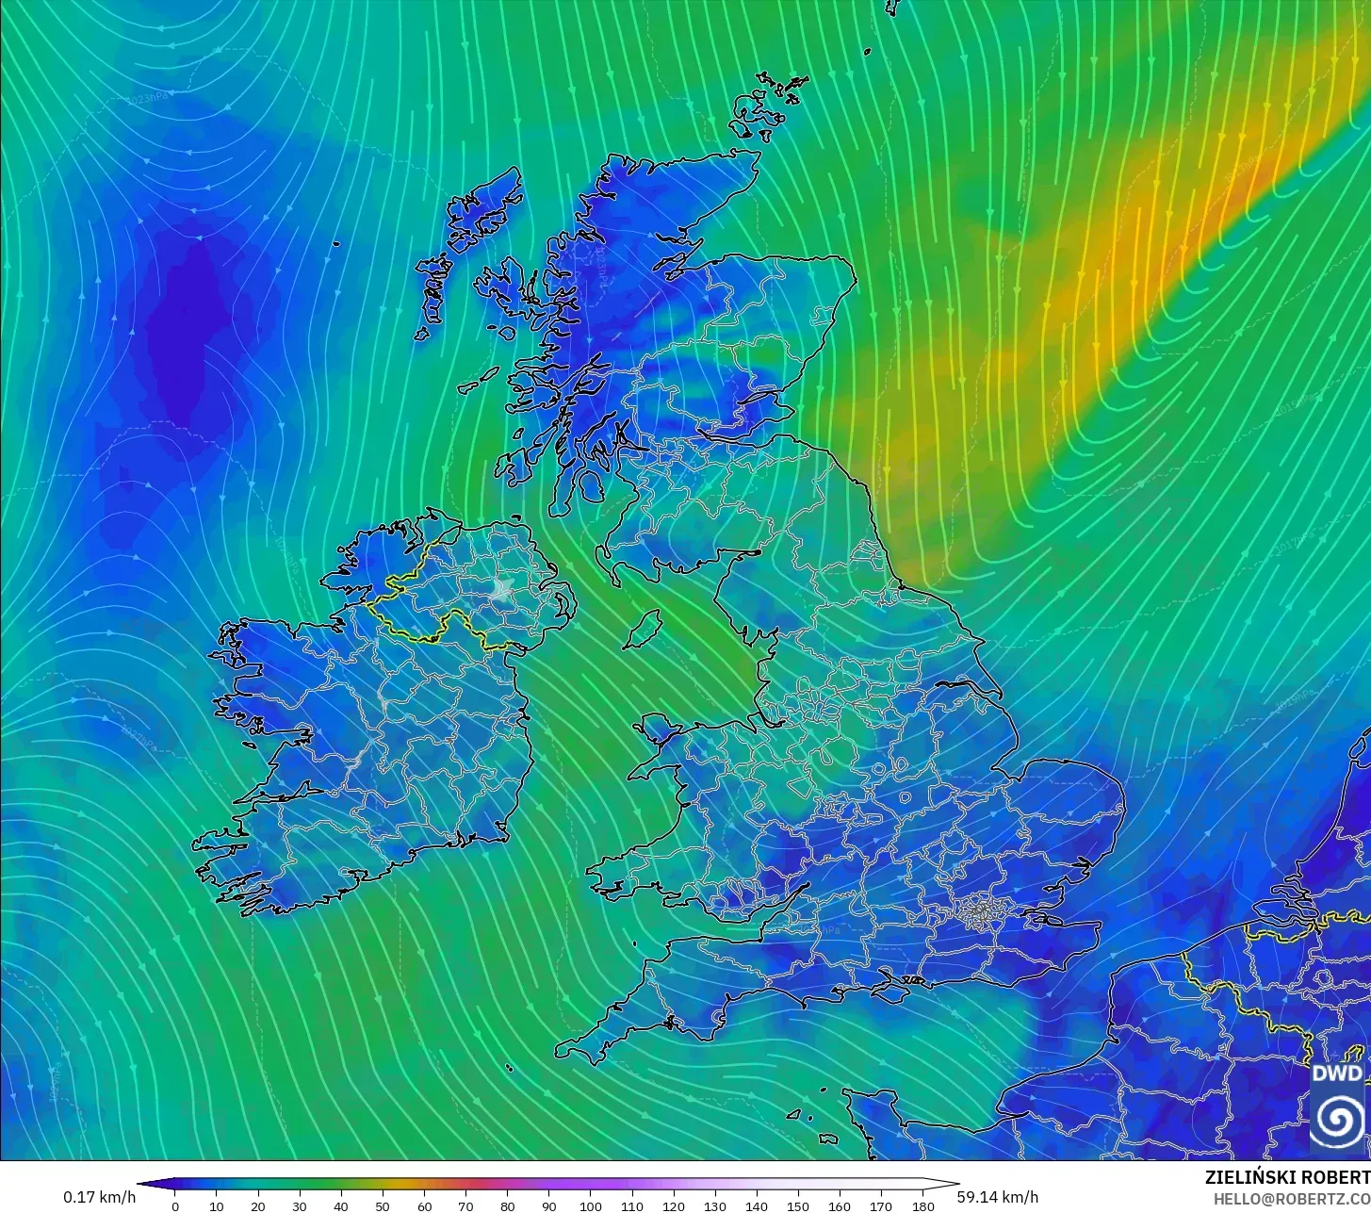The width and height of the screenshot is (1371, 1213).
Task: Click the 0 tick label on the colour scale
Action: (x=175, y=1205)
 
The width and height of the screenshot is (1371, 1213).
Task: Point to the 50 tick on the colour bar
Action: (x=383, y=1205)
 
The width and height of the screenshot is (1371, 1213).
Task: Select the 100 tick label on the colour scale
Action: (x=591, y=1205)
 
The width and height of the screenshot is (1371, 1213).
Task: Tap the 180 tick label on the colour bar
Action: (x=923, y=1205)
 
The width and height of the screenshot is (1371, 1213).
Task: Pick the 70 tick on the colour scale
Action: (x=465, y=1205)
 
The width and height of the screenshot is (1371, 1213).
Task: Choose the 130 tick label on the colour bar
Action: (x=715, y=1205)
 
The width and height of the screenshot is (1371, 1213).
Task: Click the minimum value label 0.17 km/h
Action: (x=99, y=1197)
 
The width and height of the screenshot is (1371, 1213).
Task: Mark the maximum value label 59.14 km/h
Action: (x=998, y=1197)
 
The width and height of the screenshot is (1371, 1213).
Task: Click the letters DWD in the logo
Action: (x=1337, y=1074)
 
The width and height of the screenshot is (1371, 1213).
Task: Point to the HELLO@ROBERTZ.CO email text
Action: (x=1291, y=1198)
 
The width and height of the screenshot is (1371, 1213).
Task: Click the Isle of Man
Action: (x=644, y=629)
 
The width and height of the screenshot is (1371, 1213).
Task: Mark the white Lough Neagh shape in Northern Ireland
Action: (x=501, y=591)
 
